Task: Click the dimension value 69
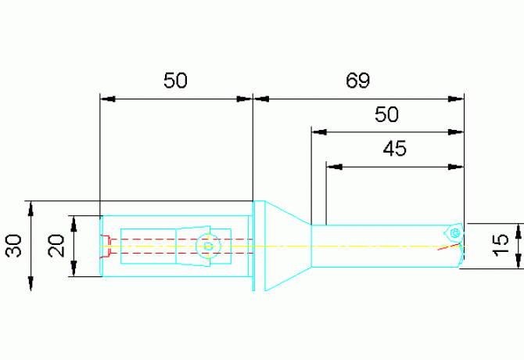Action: click(x=357, y=81)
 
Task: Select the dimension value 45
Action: click(x=395, y=149)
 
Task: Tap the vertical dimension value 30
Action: click(x=14, y=246)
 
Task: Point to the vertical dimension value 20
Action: click(x=56, y=246)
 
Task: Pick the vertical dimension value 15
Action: click(x=501, y=246)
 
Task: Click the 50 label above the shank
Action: click(x=175, y=81)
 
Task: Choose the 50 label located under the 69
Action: click(x=386, y=114)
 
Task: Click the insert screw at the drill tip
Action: click(x=455, y=233)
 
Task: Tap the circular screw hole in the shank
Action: click(x=208, y=247)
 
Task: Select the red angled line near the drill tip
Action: click(x=449, y=247)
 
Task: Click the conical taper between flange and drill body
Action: click(x=288, y=246)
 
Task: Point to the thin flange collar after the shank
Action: click(x=253, y=246)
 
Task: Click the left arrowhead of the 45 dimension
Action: click(x=334, y=167)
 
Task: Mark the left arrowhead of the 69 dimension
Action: click(x=261, y=99)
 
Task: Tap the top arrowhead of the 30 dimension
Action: click(x=31, y=209)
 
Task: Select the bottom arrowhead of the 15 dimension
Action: click(x=519, y=261)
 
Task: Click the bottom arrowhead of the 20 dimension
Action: click(x=74, y=268)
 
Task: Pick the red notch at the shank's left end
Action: click(x=105, y=247)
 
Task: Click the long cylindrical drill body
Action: click(x=384, y=246)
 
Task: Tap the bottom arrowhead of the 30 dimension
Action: click(x=31, y=283)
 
